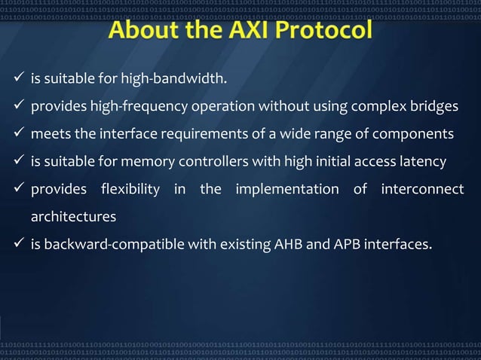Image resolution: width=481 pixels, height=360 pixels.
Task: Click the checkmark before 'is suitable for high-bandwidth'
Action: pos(20,78)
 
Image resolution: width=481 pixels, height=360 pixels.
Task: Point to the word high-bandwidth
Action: pos(180,78)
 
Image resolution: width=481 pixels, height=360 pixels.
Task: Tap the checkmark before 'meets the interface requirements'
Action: pos(20,133)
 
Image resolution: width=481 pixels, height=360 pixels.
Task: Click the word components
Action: pos(417,133)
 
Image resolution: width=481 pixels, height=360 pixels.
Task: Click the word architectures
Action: pos(73,217)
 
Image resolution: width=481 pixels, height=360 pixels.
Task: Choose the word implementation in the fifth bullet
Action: pos(286,189)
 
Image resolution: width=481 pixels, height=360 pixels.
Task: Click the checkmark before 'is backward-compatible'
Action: pos(20,243)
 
